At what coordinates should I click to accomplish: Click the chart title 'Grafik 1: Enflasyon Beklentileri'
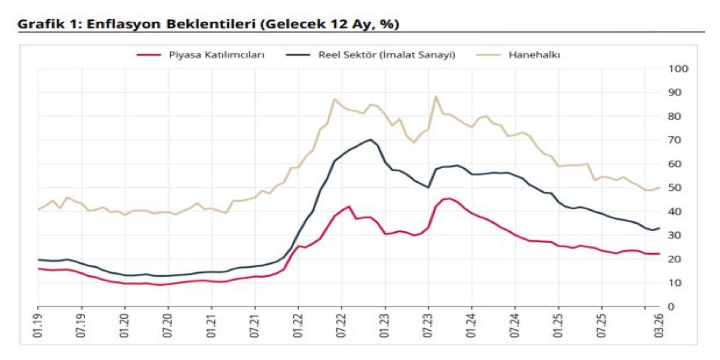[208, 24]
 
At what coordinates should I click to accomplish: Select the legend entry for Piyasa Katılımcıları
[217, 55]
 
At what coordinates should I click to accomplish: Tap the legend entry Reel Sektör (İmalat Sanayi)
[386, 55]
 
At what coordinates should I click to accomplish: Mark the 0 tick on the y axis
[671, 307]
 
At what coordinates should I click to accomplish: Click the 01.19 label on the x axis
[38, 326]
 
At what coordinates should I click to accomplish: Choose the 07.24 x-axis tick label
[515, 326]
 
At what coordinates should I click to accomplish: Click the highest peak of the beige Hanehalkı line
[435, 96]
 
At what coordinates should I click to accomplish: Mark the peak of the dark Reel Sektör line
[371, 139]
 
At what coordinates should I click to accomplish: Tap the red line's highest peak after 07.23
[448, 198]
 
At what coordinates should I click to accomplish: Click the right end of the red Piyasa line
[659, 254]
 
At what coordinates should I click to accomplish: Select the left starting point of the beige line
[38, 210]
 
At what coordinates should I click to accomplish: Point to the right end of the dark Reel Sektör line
[659, 228]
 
